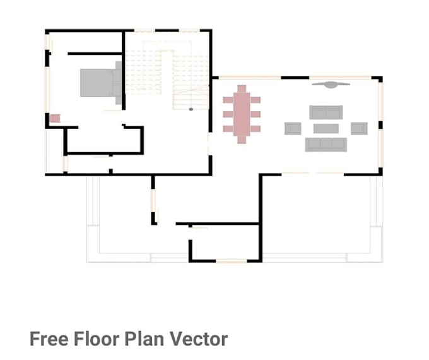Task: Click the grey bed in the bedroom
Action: [x=98, y=83]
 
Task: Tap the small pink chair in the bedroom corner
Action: [x=55, y=118]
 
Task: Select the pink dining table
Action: [x=242, y=114]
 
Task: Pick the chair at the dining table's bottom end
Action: [x=242, y=140]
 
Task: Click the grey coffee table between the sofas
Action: [x=326, y=128]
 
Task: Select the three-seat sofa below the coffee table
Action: [x=326, y=145]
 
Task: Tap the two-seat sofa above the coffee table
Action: [x=326, y=112]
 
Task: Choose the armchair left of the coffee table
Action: [x=292, y=128]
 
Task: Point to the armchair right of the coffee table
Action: [x=359, y=128]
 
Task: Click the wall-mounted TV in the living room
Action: [x=331, y=83]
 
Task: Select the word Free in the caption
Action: [x=49, y=339]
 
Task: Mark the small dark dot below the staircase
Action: [x=191, y=109]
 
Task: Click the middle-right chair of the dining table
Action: [x=256, y=114]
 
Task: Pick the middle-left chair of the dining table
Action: [x=228, y=114]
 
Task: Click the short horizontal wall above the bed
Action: [x=94, y=54]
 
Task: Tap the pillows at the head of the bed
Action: [x=117, y=83]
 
